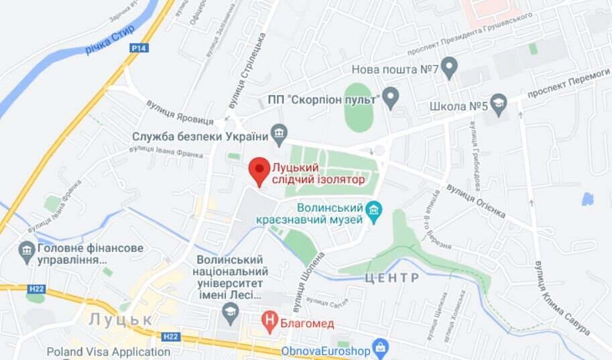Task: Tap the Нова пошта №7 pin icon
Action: pos(449,67)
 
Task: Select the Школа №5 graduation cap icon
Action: pos(498,104)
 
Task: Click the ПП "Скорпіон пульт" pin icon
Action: pos(390,98)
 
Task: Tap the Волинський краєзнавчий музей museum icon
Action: pos(374,213)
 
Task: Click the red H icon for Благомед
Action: pos(269,323)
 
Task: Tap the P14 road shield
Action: pos(139,48)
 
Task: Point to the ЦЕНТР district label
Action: pos(392,278)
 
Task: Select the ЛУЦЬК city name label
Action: pos(122,319)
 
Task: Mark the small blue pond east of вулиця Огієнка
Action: pos(588,199)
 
